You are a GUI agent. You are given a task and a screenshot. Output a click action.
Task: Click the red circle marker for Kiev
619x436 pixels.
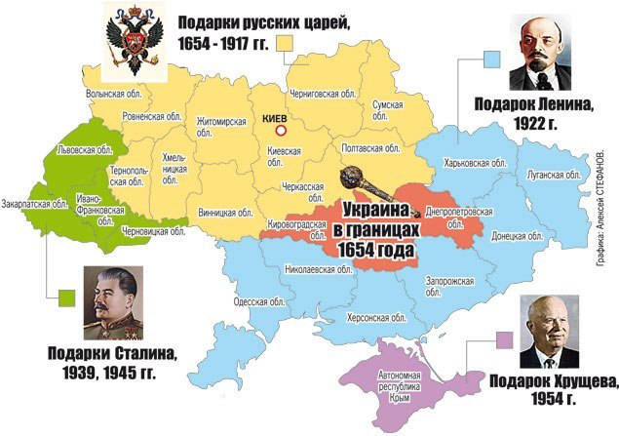[282, 130]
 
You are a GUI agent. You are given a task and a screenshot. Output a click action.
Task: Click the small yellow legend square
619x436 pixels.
[287, 42]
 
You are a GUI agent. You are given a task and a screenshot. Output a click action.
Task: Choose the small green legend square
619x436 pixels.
[66, 296]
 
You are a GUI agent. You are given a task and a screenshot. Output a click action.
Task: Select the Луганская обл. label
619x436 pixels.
[554, 176]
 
